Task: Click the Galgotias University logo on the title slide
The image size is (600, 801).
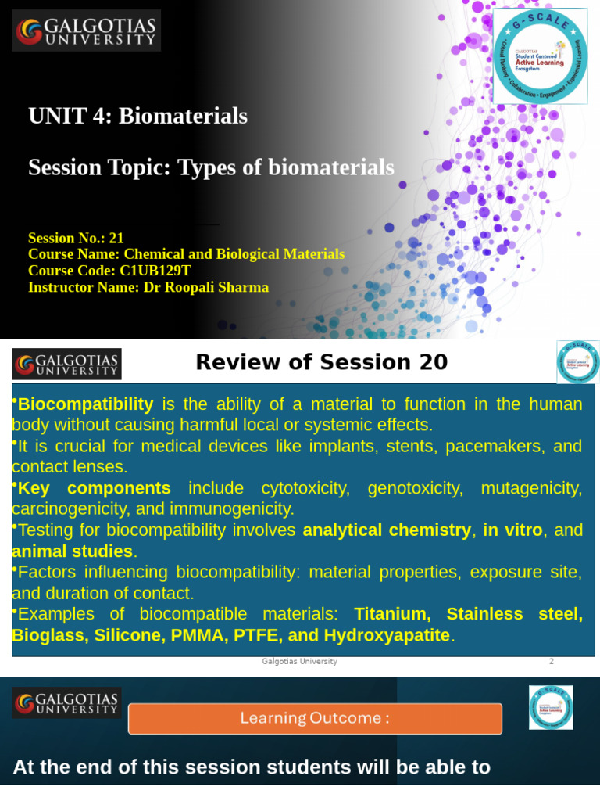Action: coord(86,31)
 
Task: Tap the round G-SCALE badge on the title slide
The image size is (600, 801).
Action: coord(540,56)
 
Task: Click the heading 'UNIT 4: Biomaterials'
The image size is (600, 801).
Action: coord(137,116)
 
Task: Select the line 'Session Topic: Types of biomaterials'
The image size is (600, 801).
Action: coord(211,167)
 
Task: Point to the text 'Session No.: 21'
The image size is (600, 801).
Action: coord(76,238)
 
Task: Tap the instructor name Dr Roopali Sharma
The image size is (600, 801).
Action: coord(205,287)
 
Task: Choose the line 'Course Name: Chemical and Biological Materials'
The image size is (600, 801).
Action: coord(186,254)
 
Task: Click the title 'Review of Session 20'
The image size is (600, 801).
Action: coord(321,362)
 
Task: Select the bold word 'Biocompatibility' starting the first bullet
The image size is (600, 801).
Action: coord(85,404)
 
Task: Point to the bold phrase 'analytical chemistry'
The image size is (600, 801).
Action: coord(387,530)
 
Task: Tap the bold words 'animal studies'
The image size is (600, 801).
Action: coord(72,551)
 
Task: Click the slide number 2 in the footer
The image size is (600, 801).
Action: coord(551,661)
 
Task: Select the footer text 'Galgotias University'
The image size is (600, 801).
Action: coord(299,661)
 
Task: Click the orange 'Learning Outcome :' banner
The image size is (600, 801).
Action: coord(315,718)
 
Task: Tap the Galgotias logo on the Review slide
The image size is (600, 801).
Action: coord(66,364)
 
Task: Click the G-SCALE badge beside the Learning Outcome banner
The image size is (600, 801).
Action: coord(551,707)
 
